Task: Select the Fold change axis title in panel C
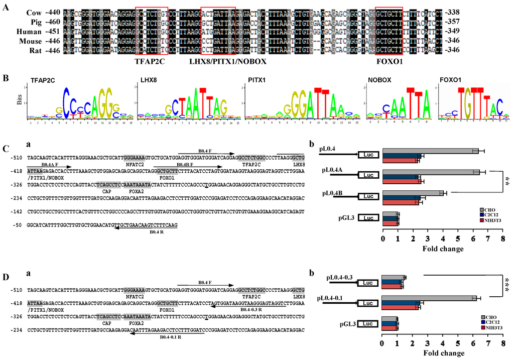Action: click(x=441, y=248)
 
